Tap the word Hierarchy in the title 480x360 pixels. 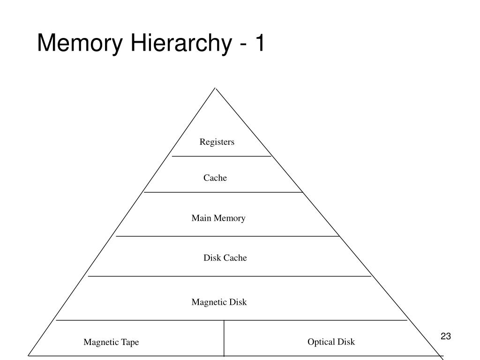(178, 44)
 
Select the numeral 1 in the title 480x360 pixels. (259, 44)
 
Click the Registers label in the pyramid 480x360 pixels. (217, 142)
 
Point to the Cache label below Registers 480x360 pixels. (215, 178)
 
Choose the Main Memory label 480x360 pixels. (218, 218)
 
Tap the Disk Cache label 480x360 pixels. (225, 258)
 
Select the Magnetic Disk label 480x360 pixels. (219, 302)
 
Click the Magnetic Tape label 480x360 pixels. (111, 342)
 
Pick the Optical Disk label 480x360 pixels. (331, 342)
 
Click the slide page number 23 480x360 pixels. (445, 336)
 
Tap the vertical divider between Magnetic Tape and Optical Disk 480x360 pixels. (224, 337)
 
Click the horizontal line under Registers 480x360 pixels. (221, 156)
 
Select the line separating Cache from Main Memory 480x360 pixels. (223, 192)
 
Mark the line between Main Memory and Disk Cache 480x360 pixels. (227, 236)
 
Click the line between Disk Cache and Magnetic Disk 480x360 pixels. (230, 276)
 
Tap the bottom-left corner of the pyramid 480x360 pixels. (30, 355)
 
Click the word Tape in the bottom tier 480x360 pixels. (130, 342)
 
